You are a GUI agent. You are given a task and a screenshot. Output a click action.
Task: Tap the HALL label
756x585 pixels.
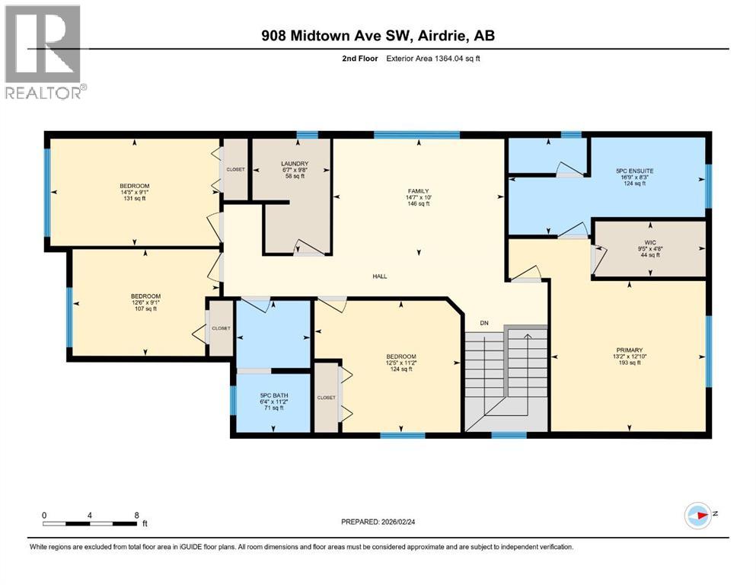[x=379, y=277]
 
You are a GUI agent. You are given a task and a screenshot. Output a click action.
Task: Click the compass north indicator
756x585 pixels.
[x=697, y=515]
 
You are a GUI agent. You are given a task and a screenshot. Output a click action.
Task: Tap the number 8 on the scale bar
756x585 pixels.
[x=136, y=515]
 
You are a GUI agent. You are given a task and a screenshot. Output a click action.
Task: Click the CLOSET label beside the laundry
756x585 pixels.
[x=235, y=169]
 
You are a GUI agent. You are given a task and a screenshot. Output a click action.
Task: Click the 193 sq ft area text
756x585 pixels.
[x=629, y=363]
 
